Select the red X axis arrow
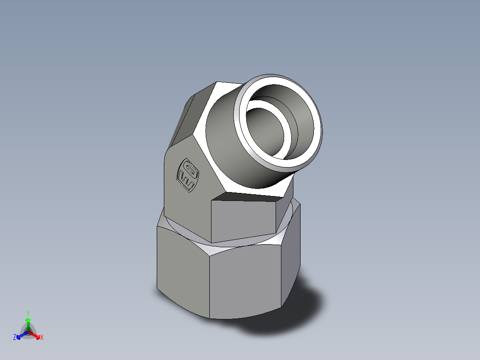coord(36,335)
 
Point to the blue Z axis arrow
coord(20,335)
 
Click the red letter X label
coord(42,338)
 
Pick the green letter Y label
coord(28,313)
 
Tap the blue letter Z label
coord(15,338)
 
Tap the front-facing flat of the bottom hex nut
coord(245,281)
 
